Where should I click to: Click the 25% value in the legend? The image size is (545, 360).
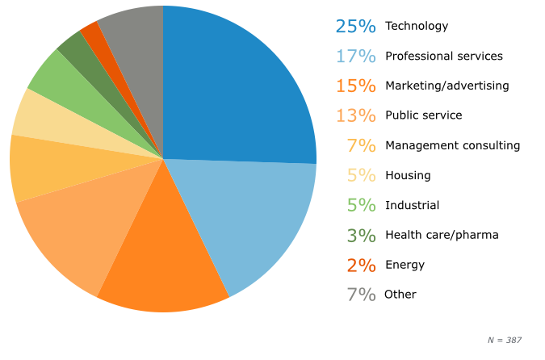coord(356,26)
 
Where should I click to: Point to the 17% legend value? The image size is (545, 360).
coord(356,56)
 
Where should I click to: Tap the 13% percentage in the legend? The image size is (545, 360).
coord(356,115)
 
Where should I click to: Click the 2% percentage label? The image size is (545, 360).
coord(362,265)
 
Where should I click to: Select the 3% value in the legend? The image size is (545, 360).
coord(362,235)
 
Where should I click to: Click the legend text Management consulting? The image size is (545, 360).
coord(452,145)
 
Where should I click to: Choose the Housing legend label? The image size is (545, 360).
coord(408,175)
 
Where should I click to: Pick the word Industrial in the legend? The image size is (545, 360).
coord(412,205)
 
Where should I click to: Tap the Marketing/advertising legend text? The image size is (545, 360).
coord(446,86)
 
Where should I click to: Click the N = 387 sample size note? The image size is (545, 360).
coord(505,340)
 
